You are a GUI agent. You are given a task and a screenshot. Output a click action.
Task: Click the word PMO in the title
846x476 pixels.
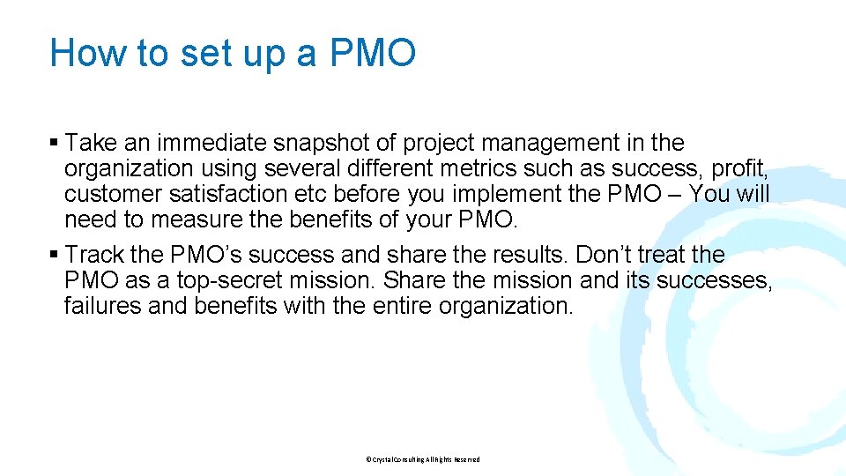tap(373, 53)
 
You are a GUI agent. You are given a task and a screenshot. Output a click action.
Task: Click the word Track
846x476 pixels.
tap(94, 256)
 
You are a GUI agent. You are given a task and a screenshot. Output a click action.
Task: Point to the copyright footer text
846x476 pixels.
tap(422, 459)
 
